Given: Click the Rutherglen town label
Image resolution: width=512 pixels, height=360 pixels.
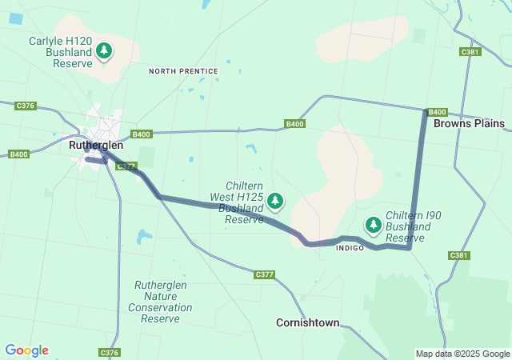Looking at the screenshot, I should pos(96,145).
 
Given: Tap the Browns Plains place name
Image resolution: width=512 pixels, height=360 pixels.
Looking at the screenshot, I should pos(469,123).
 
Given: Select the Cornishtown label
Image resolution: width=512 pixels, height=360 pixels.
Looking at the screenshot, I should pos(307,322).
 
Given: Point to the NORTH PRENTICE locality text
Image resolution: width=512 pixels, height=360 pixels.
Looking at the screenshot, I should pos(183,71).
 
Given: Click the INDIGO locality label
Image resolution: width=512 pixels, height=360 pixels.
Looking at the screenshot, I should pos(350,249).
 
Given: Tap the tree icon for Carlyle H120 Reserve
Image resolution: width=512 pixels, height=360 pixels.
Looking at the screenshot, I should pos(104,51).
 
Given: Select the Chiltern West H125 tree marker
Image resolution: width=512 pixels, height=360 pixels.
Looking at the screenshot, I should pos(275,200).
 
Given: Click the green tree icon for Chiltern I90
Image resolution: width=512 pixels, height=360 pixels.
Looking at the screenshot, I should pos(373,224).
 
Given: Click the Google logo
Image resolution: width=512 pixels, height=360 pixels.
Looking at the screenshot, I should pos(26,350).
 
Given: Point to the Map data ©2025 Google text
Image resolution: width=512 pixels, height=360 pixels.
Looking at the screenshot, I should pos(462,354).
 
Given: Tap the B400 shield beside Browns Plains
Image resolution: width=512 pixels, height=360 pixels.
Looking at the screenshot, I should pos(437,112).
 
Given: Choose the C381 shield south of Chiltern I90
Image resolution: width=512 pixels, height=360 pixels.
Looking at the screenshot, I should pos(458,255).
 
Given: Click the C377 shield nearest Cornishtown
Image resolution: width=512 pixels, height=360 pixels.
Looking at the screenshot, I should pos(265,274).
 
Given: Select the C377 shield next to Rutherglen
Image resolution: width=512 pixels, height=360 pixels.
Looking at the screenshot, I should pos(126,166).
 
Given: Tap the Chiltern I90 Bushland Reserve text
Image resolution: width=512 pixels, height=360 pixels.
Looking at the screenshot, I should pos(413,227).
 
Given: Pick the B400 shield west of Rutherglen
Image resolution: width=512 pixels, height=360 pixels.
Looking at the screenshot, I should pos(18,154).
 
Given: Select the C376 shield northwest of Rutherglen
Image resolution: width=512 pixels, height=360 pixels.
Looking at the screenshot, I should pos(26,106).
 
